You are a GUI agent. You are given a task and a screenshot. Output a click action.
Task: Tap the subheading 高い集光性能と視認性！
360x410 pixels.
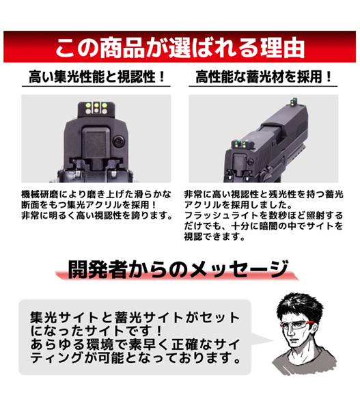coord(97,77)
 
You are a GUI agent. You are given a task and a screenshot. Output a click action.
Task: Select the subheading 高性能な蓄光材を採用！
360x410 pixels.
coord(264,77)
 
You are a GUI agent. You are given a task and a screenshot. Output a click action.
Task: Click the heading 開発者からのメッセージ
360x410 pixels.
coord(178,269)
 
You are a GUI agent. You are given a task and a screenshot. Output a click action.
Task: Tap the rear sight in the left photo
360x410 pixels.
coord(96,109)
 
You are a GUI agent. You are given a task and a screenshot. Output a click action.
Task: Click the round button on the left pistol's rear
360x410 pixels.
coord(118,141)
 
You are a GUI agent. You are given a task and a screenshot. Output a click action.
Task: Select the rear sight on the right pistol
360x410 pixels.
coord(240,143)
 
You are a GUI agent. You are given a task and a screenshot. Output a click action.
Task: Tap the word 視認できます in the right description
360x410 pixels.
coord(214,236)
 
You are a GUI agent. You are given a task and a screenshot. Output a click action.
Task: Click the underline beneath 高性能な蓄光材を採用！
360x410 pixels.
coord(263,86)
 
